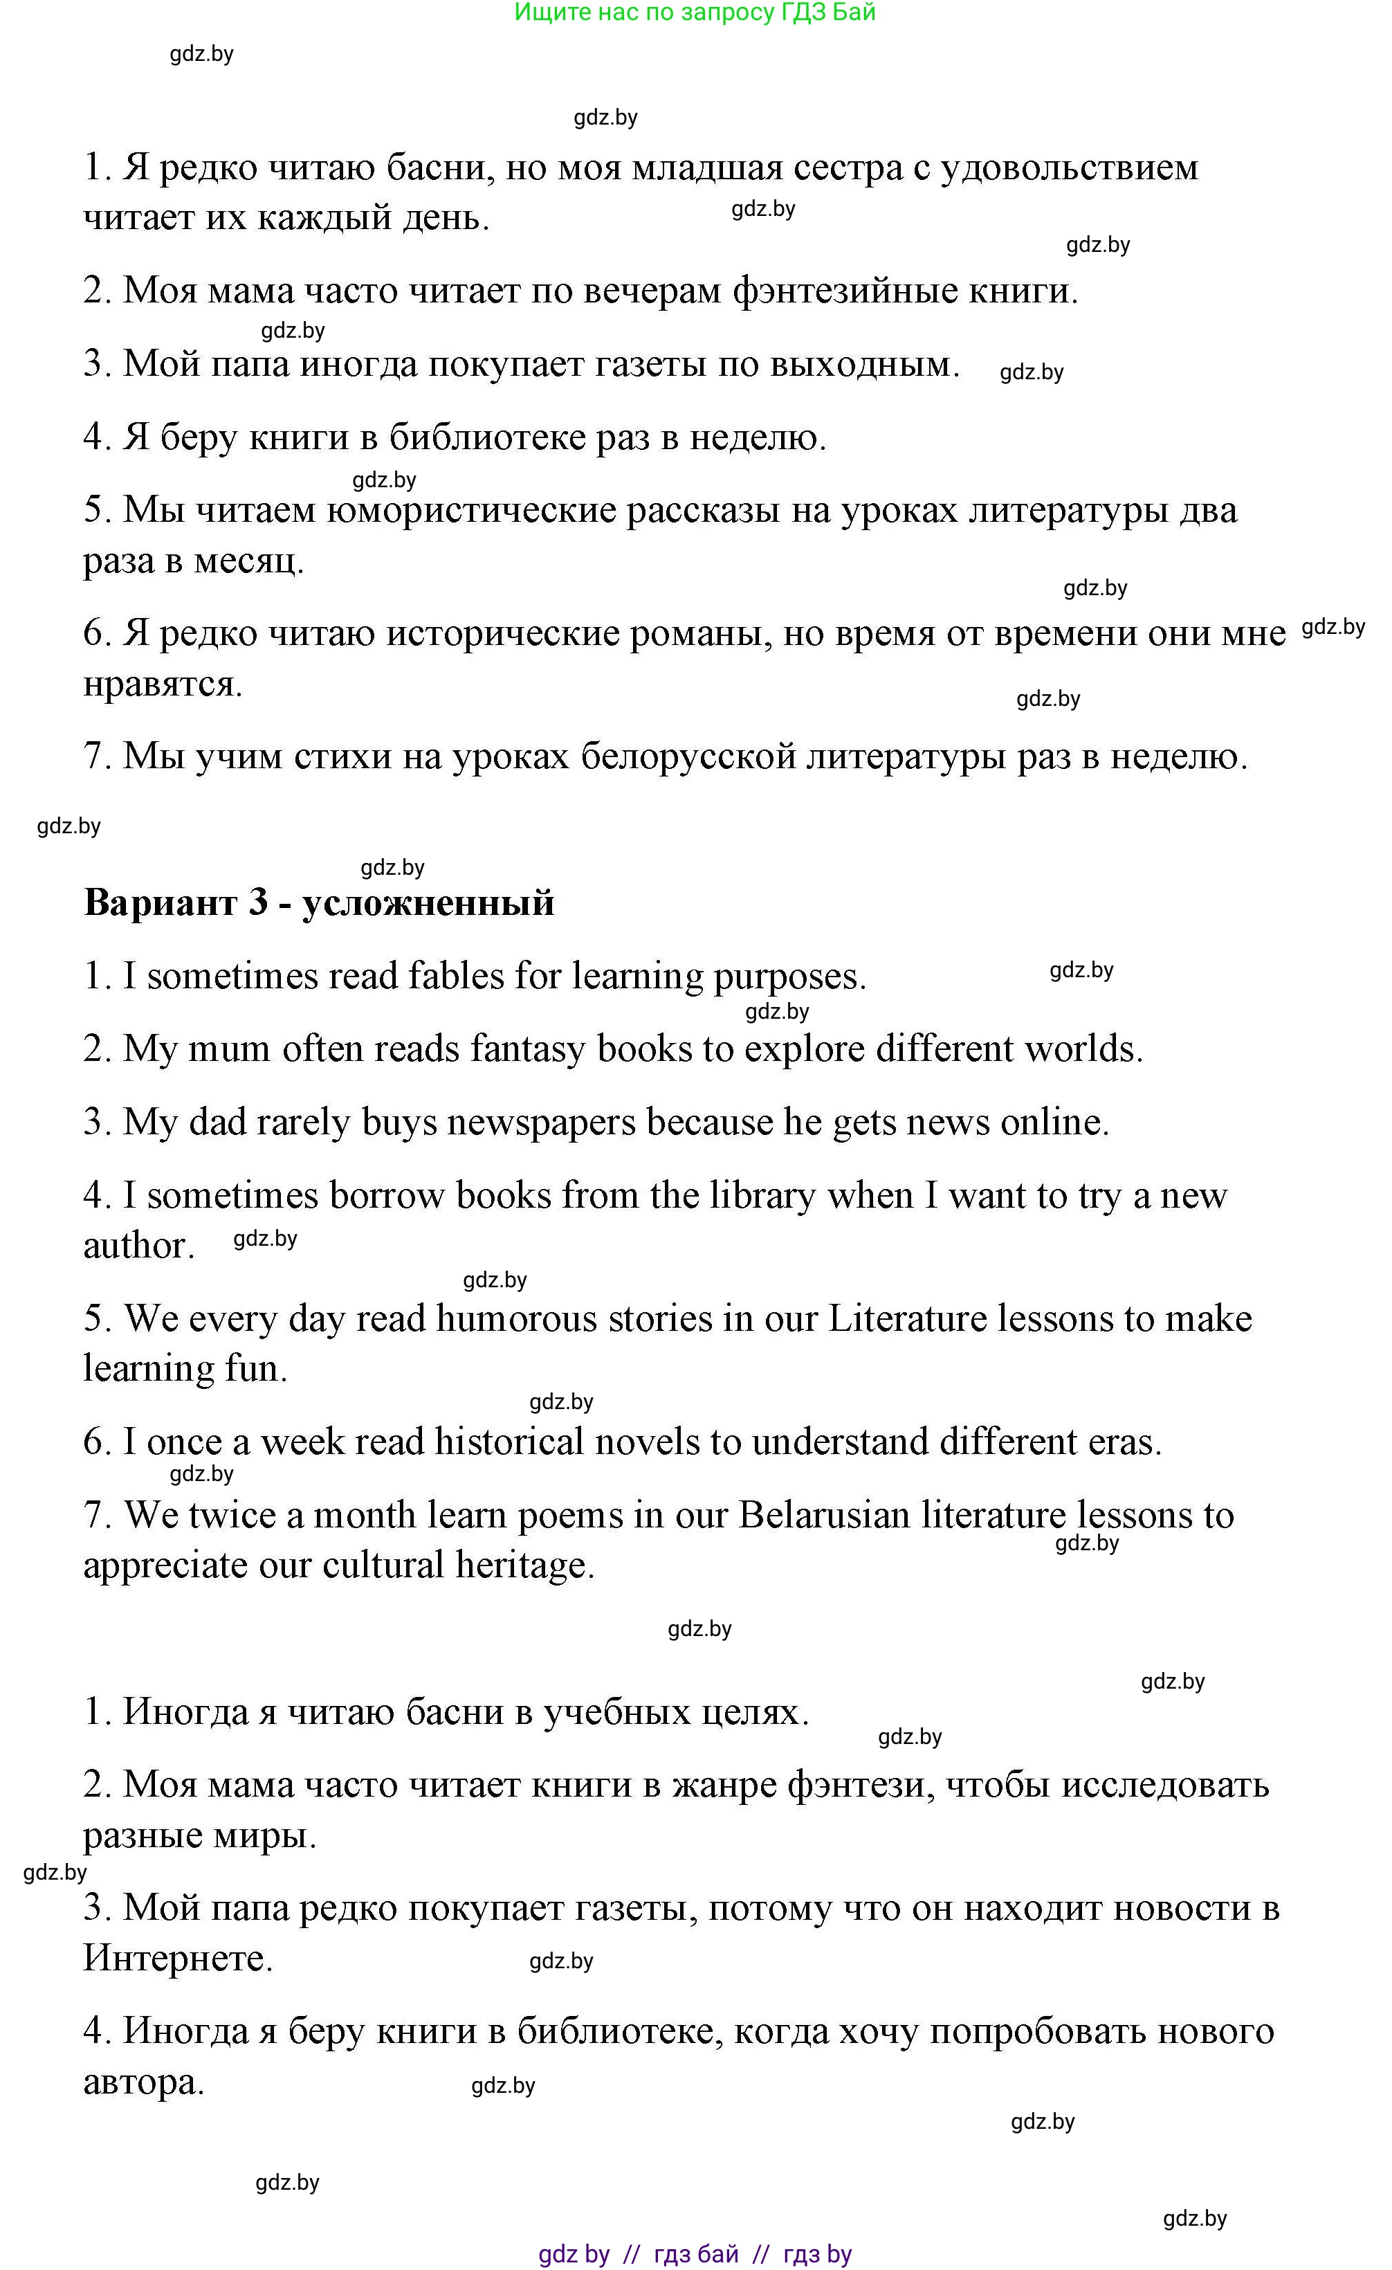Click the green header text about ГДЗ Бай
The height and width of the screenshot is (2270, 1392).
tap(695, 13)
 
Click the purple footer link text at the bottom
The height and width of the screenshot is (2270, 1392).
tap(695, 2254)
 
